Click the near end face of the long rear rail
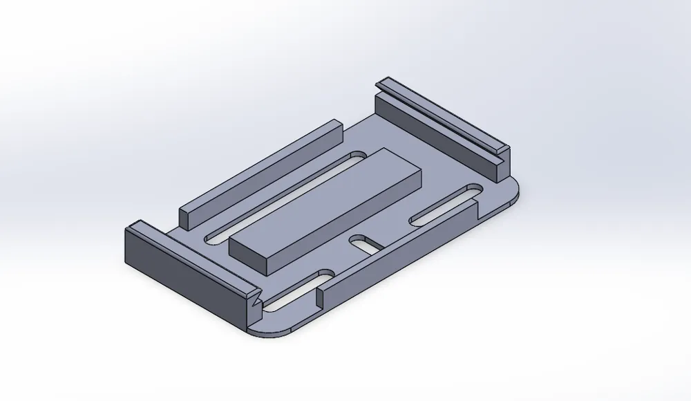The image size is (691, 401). tap(185, 216)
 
